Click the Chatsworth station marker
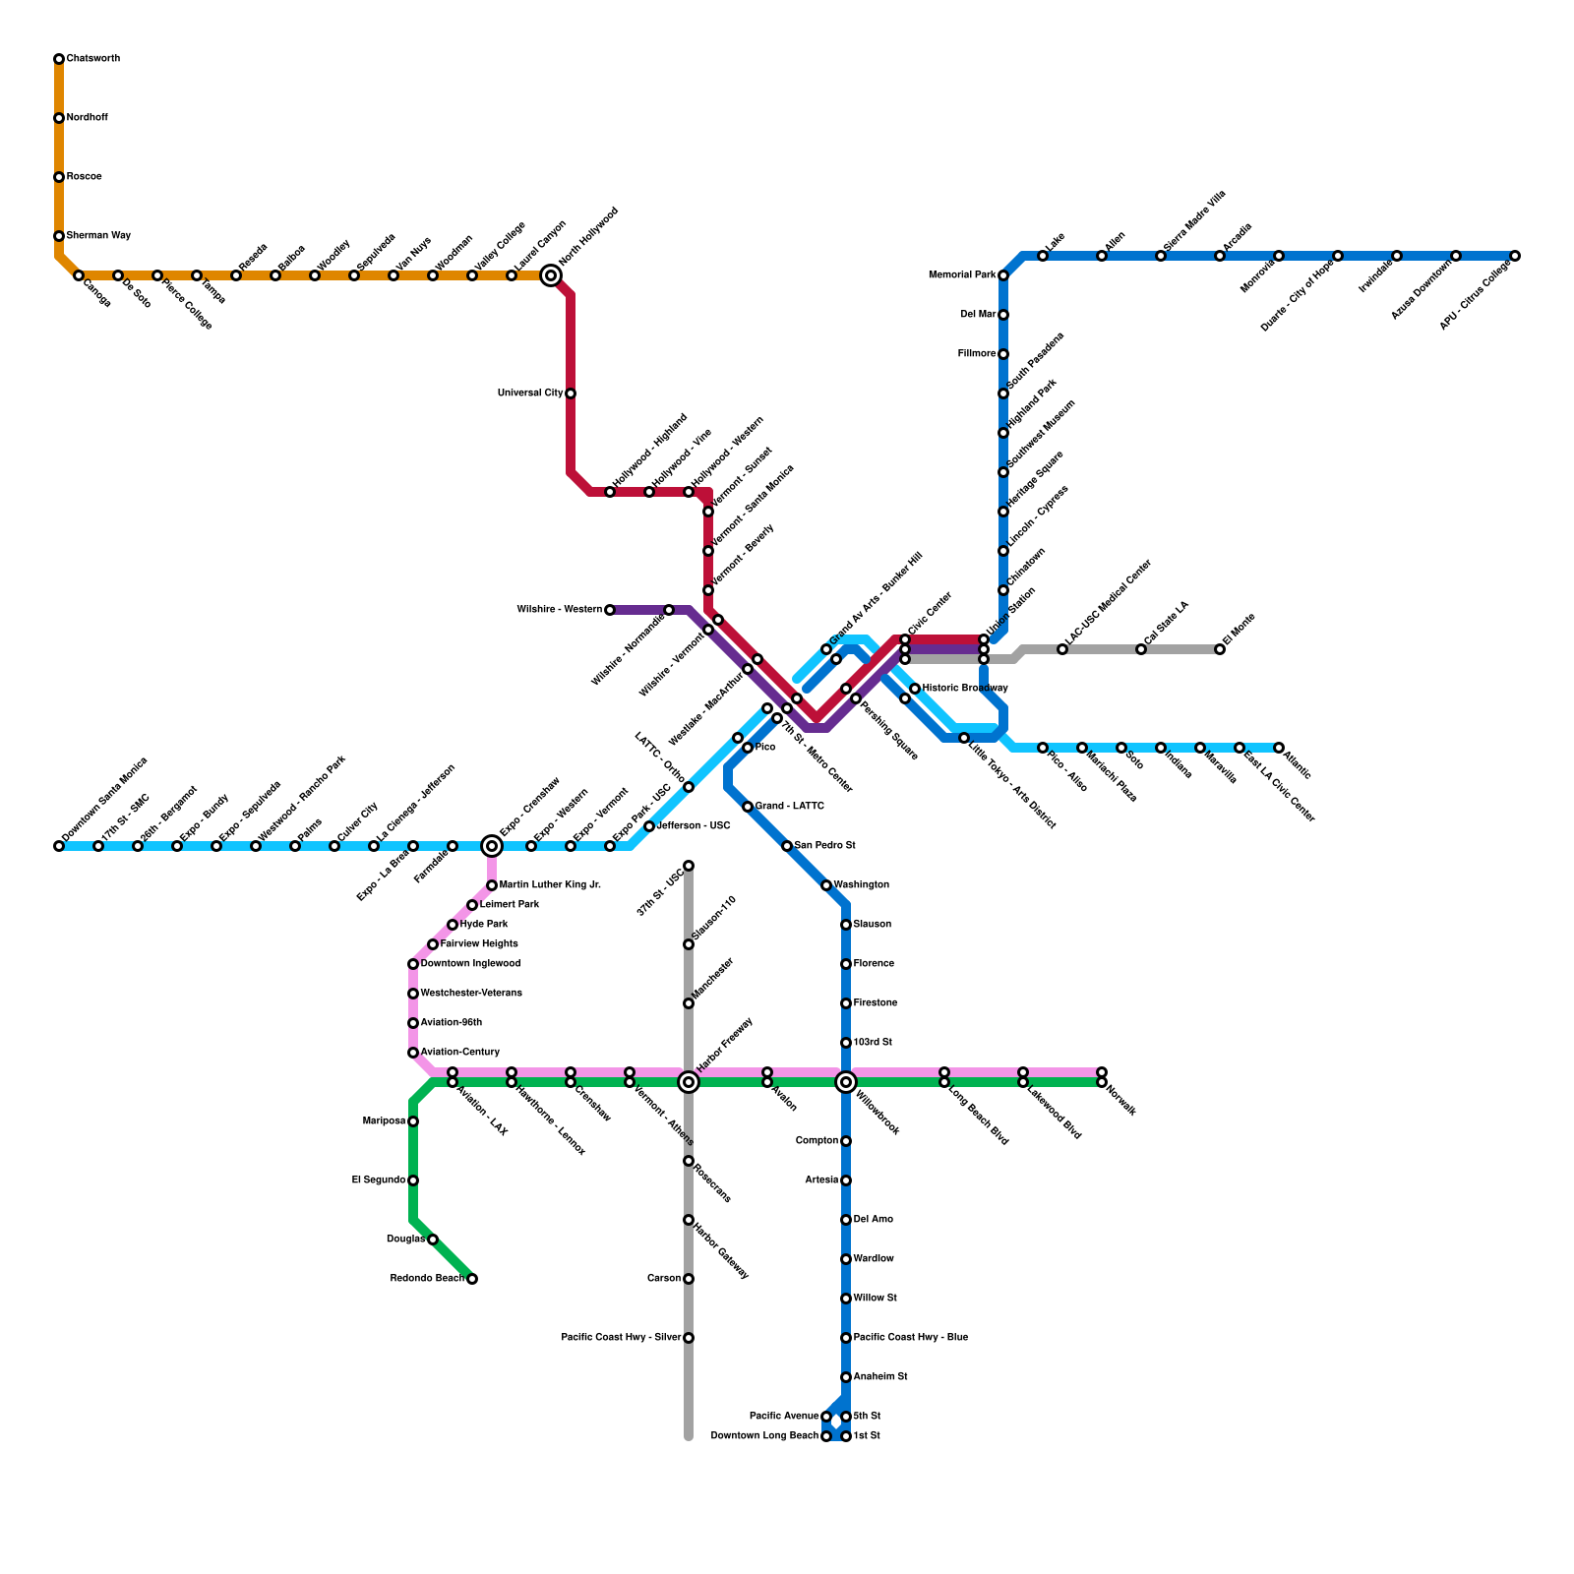pos(59,59)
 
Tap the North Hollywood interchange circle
pos(551,276)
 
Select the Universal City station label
pos(530,393)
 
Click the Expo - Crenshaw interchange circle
pos(492,846)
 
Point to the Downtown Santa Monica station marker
pos(59,846)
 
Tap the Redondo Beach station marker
pos(472,1279)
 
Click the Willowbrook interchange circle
pos(846,1082)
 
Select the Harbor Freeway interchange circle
pos(689,1082)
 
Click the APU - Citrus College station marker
pos(1515,256)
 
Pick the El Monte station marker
pos(1220,649)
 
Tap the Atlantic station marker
pos(1279,748)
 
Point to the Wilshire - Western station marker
pos(610,610)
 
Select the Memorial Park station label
pos(962,275)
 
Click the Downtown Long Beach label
pos(764,1436)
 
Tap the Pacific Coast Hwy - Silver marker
pos(689,1338)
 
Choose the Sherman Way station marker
pos(59,236)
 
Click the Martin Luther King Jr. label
pos(550,885)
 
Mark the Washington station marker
pos(826,885)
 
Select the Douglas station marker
pos(433,1240)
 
